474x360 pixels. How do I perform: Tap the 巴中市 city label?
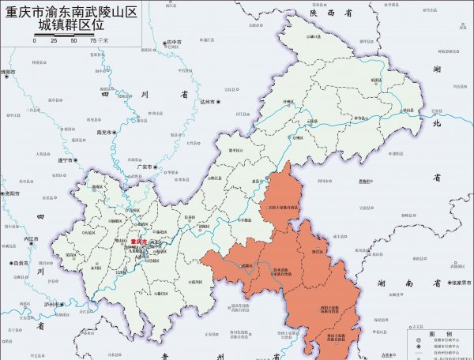point(174,42)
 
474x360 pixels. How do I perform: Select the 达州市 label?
point(209,102)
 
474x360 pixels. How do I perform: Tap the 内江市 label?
point(32,238)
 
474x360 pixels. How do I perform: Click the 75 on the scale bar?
point(93,39)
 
